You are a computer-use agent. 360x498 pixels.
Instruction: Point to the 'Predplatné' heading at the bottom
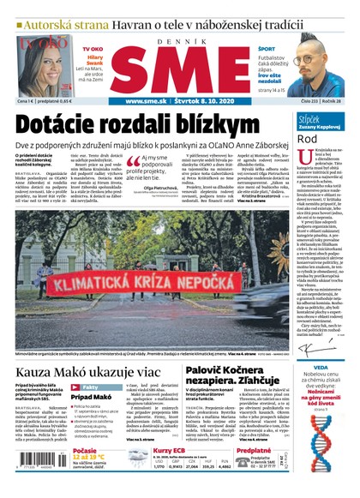click(x=254, y=450)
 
